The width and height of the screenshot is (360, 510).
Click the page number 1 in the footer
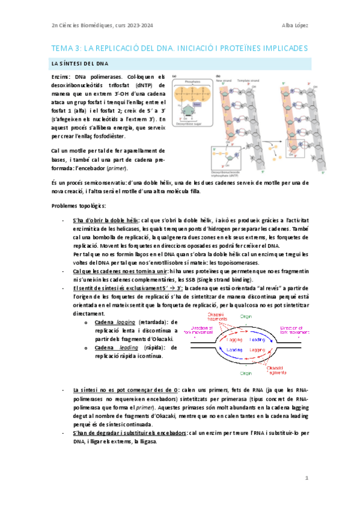(306, 478)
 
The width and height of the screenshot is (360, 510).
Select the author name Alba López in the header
(294, 25)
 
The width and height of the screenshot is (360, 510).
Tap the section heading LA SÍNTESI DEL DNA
(77, 63)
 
